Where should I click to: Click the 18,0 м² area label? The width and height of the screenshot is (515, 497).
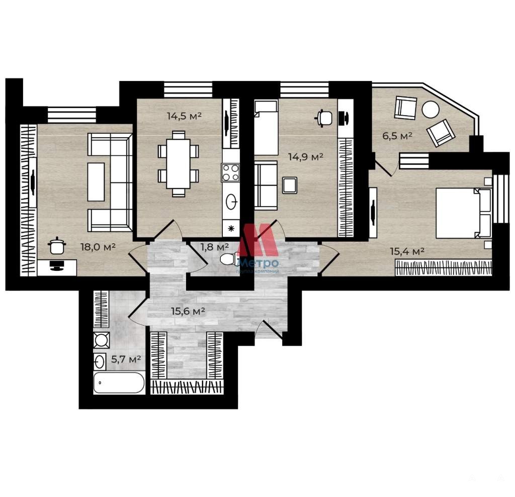click(98, 247)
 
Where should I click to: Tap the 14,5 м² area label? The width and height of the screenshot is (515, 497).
click(184, 116)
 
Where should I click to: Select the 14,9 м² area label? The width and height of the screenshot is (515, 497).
click(306, 157)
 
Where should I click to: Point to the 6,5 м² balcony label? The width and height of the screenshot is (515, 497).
click(397, 136)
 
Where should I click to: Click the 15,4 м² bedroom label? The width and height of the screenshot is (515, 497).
click(407, 251)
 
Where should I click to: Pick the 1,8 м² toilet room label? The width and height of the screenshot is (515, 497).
click(215, 247)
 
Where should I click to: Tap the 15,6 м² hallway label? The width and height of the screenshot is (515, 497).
click(188, 311)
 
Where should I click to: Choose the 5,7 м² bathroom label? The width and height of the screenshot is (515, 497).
click(126, 359)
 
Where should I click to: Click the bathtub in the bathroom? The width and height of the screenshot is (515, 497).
click(119, 382)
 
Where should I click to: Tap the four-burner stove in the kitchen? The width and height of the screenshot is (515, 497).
click(230, 173)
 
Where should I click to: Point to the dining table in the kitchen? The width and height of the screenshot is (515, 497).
click(179, 164)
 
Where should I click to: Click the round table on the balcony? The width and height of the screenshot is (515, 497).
click(431, 110)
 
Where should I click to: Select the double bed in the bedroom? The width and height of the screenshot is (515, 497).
click(464, 213)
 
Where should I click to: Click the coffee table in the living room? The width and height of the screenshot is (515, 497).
click(96, 182)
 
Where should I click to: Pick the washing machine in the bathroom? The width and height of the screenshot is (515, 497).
click(102, 340)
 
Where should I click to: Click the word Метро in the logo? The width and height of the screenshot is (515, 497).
click(257, 263)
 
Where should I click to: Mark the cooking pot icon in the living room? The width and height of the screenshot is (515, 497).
click(57, 246)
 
